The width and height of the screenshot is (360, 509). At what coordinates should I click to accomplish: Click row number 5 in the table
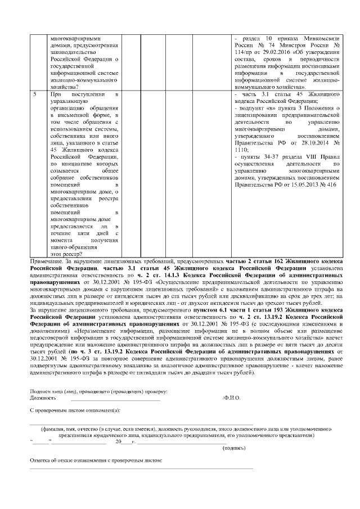point(35,94)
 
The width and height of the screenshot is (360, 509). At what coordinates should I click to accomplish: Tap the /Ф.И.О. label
point(231,398)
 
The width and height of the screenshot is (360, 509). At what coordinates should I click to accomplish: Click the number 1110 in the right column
point(240,151)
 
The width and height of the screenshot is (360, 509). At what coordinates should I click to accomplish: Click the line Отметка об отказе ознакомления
point(96,461)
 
